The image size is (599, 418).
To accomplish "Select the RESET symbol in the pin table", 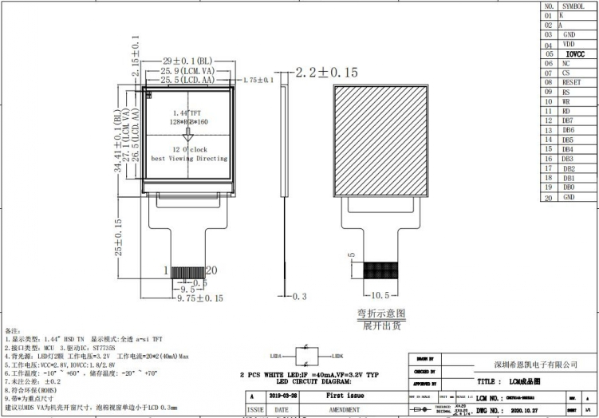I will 570,82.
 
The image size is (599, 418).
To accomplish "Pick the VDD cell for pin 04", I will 569,44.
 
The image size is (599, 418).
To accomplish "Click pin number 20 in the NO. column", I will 548,197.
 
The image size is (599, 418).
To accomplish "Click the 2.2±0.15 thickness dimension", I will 327,73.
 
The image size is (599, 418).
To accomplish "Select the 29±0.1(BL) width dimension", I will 187,61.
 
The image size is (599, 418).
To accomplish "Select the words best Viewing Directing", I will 189,159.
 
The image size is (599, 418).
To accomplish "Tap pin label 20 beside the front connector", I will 212,270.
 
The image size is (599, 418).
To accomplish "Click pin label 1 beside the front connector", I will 167,270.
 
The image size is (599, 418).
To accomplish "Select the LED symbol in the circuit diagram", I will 306,355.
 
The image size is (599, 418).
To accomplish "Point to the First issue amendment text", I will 345,396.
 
